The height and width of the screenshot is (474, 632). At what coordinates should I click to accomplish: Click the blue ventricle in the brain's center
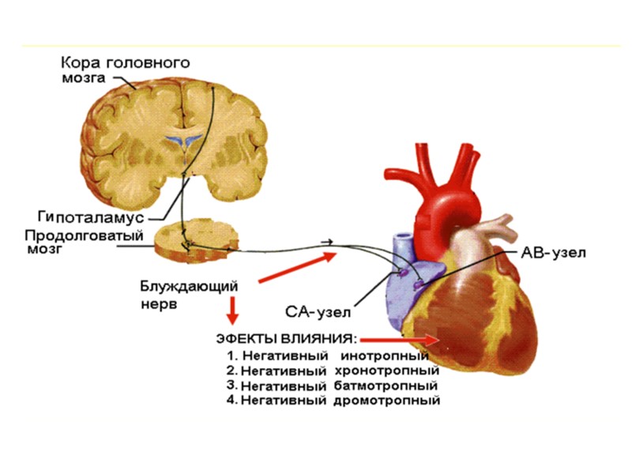[181, 142]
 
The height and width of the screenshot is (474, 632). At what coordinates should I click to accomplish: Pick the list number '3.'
[231, 385]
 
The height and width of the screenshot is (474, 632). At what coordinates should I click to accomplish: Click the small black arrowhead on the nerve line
[328, 239]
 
